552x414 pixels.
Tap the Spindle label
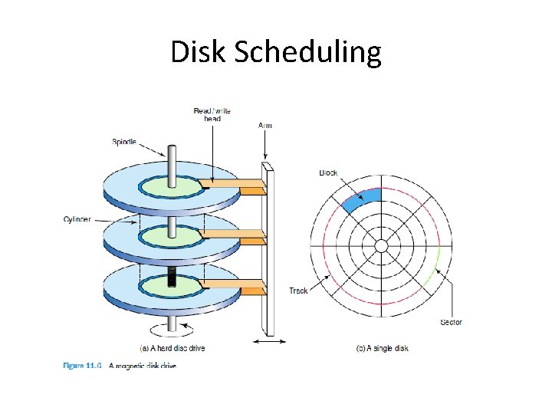coord(124,141)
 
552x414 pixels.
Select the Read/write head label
coord(212,114)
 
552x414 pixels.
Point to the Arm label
coord(265,125)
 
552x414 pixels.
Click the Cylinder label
coord(77,219)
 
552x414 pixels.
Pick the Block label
coord(328,172)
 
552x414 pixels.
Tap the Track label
coord(299,291)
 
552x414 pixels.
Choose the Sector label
coord(451,322)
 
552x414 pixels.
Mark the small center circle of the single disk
coord(380,245)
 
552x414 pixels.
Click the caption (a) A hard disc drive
coord(172,348)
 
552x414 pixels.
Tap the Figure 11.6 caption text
coord(120,366)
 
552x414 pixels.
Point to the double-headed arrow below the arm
coord(269,341)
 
